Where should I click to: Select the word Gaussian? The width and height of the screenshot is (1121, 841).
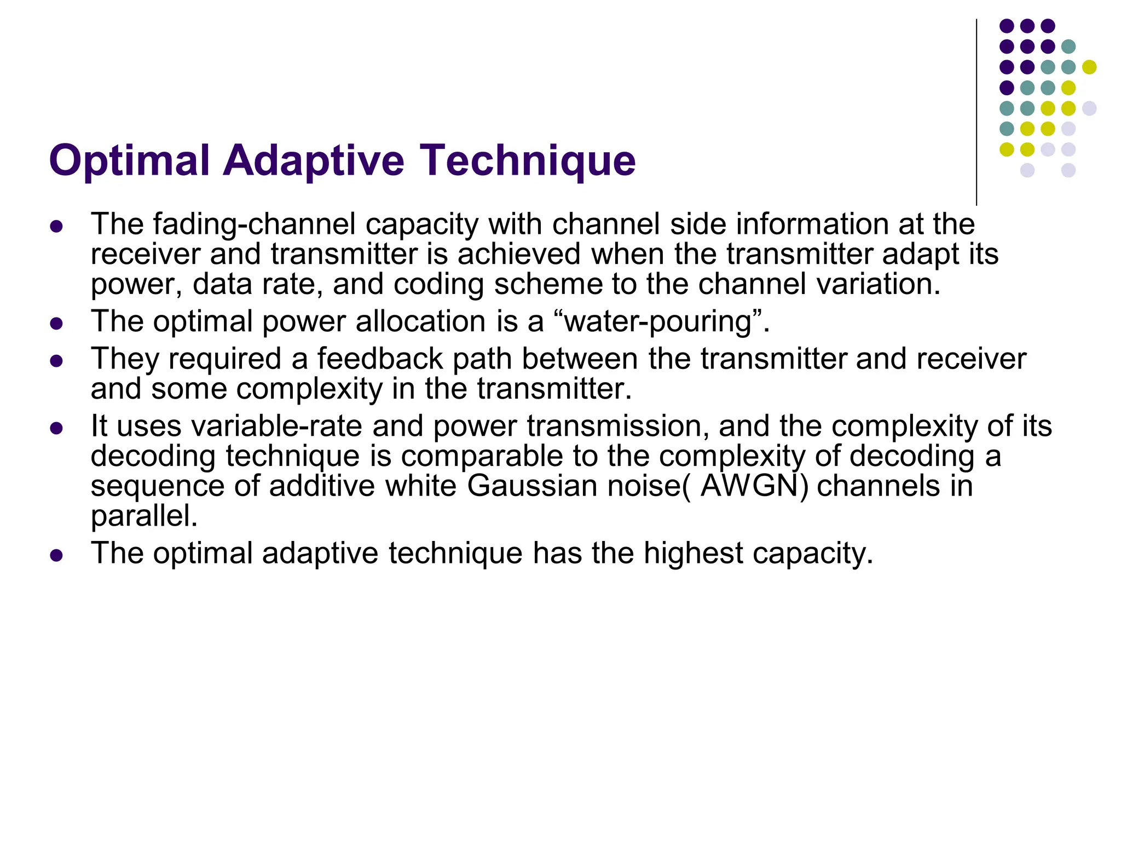tap(531, 486)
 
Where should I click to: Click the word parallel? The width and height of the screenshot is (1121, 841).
tap(144, 516)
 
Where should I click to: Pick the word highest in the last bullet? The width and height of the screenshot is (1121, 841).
tap(693, 553)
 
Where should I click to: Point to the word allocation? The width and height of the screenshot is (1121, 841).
tap(420, 321)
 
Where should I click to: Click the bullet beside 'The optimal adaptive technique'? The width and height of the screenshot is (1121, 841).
tap(56, 556)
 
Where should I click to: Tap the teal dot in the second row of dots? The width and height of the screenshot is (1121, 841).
tap(1068, 47)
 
